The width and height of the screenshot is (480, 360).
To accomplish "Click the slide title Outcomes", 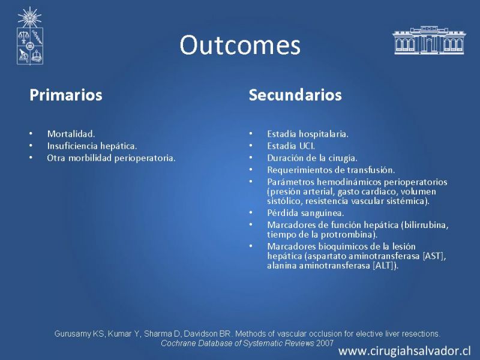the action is coord(240,45).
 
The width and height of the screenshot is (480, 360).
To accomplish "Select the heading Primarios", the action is coord(66,95).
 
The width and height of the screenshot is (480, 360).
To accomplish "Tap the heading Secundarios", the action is coord(295,95).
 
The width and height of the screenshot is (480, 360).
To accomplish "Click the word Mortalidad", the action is coord(71,134).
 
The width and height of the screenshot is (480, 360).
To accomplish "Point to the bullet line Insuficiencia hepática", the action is coord(92,146).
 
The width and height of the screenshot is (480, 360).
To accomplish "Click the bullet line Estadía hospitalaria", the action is coord(308,134).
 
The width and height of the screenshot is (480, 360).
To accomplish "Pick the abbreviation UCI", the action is coord(307,146).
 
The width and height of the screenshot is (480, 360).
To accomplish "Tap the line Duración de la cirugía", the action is coord(312,158).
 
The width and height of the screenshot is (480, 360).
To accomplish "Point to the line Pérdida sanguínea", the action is coord(305,213).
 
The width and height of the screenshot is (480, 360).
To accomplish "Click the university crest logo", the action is coord(29,36).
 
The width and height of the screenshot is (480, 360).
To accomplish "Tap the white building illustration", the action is coord(429,40).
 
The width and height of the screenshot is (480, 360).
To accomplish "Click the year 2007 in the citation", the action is coord(325,343).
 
